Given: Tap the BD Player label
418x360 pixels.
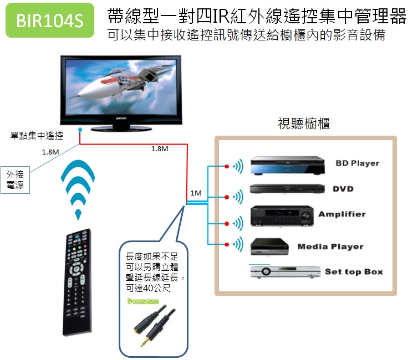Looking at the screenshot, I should pos(357,163).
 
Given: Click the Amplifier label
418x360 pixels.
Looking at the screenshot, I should pos(341,214).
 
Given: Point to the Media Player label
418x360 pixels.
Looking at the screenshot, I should pos(330,246).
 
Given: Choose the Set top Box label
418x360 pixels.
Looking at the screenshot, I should pos(354,272).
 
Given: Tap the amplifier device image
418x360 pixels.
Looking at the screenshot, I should pos(283,215).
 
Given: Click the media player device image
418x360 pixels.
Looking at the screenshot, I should pos(270,246).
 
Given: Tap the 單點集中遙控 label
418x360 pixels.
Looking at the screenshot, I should pos(37,135).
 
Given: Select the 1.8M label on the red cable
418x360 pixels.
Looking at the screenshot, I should pos(160,149).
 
